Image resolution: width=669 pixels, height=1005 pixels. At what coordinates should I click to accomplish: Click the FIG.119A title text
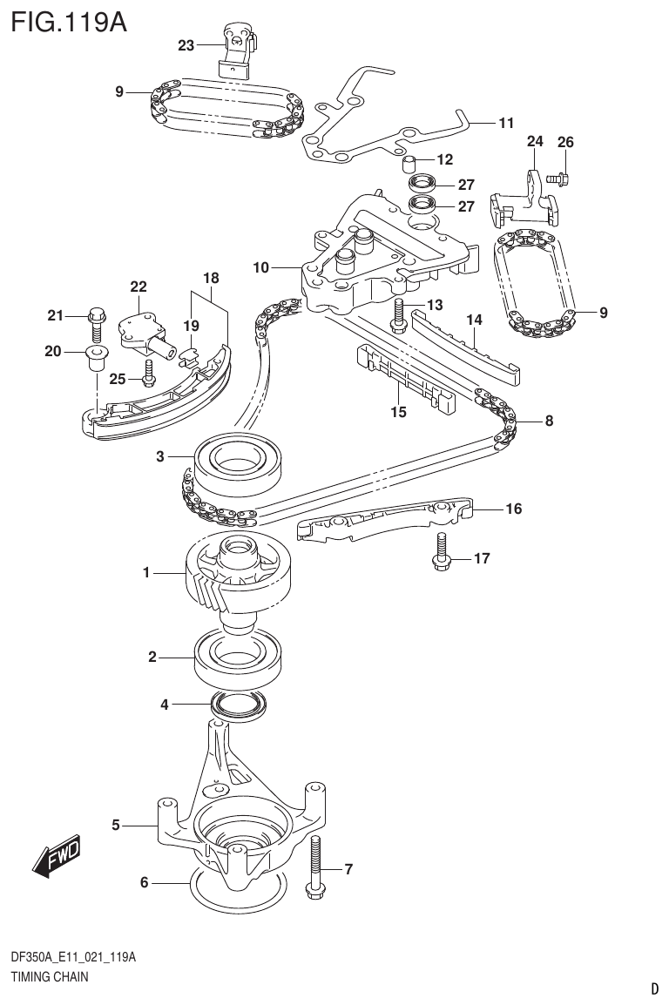[65, 21]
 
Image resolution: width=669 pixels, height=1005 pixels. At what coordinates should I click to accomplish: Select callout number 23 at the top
[186, 46]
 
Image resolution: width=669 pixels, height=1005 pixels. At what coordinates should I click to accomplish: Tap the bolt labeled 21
[97, 323]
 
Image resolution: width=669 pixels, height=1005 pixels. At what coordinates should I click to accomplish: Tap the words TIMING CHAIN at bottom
[49, 977]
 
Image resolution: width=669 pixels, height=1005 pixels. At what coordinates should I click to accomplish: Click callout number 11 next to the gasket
[506, 123]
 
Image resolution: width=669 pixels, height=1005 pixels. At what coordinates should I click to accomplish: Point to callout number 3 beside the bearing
[160, 455]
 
